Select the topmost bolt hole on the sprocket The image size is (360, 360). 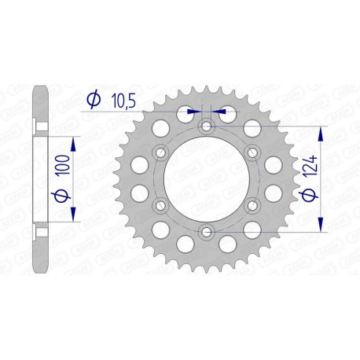click(x=207, y=127)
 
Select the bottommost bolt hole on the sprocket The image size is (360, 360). click(x=207, y=231)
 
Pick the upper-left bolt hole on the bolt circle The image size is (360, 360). click(x=162, y=152)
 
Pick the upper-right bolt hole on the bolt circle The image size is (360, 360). click(x=252, y=152)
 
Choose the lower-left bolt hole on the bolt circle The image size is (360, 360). click(x=162, y=205)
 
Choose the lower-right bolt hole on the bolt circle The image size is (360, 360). click(x=252, y=205)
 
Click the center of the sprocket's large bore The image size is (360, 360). click(x=207, y=179)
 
